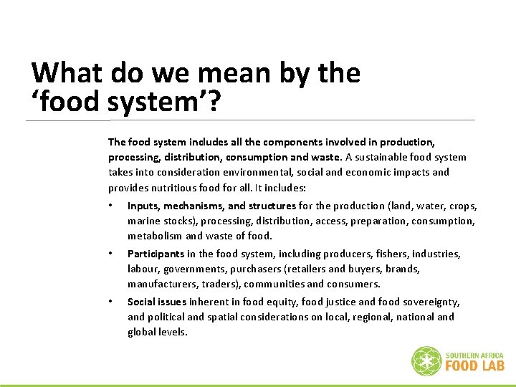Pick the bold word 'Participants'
pos(156,254)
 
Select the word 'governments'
pos(192,269)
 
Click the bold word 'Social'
pos(141,302)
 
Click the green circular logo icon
pos(426,360)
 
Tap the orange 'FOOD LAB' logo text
pos(474,365)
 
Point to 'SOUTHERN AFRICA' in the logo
pos(474,355)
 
